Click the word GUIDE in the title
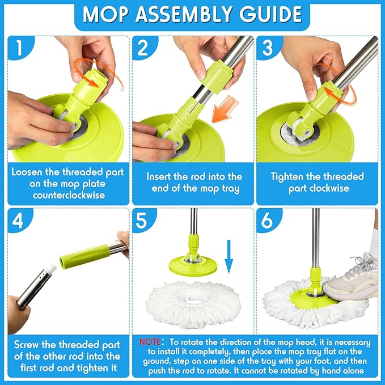click(272, 15)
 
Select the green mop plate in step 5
click(193, 264)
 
